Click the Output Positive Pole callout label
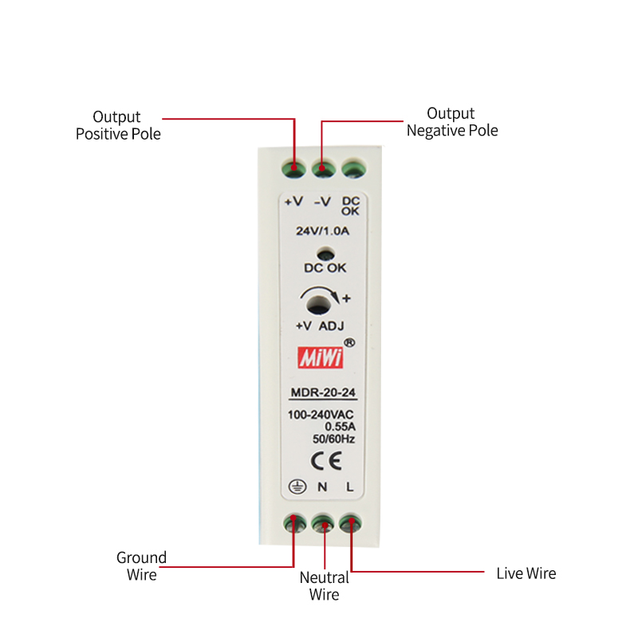[x=118, y=125]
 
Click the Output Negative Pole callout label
[x=451, y=121]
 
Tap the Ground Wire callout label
[x=141, y=565]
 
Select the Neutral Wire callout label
[x=324, y=586]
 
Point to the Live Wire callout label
[x=526, y=573]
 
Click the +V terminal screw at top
[x=294, y=168]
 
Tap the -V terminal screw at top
[x=323, y=168]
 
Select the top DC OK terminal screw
[x=352, y=168]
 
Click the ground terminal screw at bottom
[x=294, y=523]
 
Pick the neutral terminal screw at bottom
[x=323, y=523]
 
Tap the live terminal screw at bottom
[x=350, y=523]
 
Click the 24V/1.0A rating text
[x=323, y=230]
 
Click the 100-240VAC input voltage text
[x=321, y=415]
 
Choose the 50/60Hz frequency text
[x=333, y=438]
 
